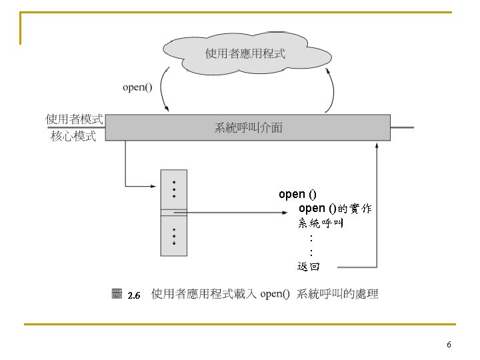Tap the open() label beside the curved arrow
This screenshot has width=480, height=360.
(137, 87)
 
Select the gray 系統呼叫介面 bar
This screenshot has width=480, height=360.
(248, 127)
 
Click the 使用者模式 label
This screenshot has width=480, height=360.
(74, 119)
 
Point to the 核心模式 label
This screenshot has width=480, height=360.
(74, 136)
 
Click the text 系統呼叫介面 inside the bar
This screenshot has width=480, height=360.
(248, 127)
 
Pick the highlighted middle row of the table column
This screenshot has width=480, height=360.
(173, 213)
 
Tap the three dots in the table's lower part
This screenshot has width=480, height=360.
(174, 237)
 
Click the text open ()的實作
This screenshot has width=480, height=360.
(335, 209)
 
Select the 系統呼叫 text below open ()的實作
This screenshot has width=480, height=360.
(321, 223)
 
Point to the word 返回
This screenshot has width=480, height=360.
(309, 267)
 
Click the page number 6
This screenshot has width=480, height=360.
(449, 345)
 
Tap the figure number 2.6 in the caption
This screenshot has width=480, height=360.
(133, 295)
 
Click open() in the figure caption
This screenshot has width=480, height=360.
(275, 294)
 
